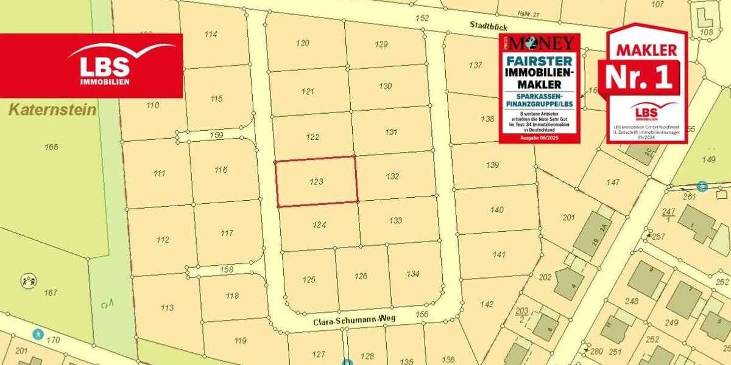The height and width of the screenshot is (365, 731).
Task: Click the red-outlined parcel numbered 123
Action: (316, 181)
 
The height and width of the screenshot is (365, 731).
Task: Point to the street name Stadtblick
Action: (489, 26)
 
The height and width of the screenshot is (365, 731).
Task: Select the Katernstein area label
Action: (52, 110)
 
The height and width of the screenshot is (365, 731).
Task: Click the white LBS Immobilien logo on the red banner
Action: (104, 64)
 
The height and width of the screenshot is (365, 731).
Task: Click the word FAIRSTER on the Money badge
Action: (539, 61)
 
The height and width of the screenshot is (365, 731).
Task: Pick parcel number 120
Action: (303, 43)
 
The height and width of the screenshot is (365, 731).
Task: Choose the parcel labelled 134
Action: (413, 274)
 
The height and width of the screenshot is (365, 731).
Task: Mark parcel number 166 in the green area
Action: (51, 147)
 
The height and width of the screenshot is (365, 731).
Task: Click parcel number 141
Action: (499, 255)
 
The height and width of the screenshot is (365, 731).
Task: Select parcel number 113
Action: (167, 308)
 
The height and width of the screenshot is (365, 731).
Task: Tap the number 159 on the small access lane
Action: (216, 135)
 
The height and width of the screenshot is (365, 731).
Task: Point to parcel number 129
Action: (381, 44)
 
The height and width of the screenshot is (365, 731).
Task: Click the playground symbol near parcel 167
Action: (27, 281)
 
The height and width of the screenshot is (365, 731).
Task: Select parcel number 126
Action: (361, 276)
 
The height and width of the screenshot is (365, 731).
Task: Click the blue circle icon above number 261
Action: (702, 186)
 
